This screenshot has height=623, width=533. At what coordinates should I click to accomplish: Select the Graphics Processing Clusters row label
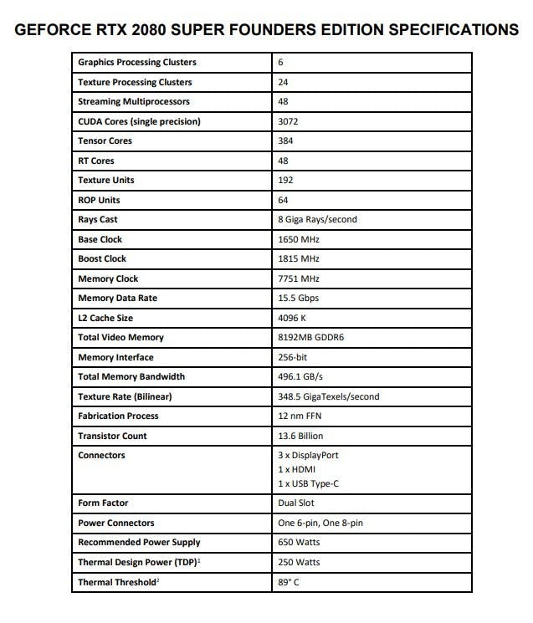click(136, 63)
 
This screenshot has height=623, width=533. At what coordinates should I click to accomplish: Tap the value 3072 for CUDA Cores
click(289, 121)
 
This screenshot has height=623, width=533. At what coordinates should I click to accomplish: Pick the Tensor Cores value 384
click(286, 141)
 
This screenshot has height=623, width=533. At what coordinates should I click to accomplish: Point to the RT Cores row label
click(96, 161)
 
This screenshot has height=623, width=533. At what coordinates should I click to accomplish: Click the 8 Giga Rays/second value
click(317, 220)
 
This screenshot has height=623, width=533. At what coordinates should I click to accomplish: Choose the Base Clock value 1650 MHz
click(298, 239)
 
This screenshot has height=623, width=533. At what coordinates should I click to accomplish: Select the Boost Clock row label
click(102, 259)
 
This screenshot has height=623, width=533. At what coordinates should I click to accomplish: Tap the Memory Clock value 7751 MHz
click(298, 278)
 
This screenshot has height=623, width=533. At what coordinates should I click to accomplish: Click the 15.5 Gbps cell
click(298, 299)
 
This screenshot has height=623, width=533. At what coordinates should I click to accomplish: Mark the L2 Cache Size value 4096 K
click(294, 318)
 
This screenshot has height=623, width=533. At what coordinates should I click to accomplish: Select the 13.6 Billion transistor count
click(300, 436)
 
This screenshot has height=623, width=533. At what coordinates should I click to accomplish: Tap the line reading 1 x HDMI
click(297, 470)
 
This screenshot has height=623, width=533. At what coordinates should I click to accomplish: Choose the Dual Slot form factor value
click(296, 503)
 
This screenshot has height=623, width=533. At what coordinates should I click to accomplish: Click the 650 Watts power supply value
click(298, 543)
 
